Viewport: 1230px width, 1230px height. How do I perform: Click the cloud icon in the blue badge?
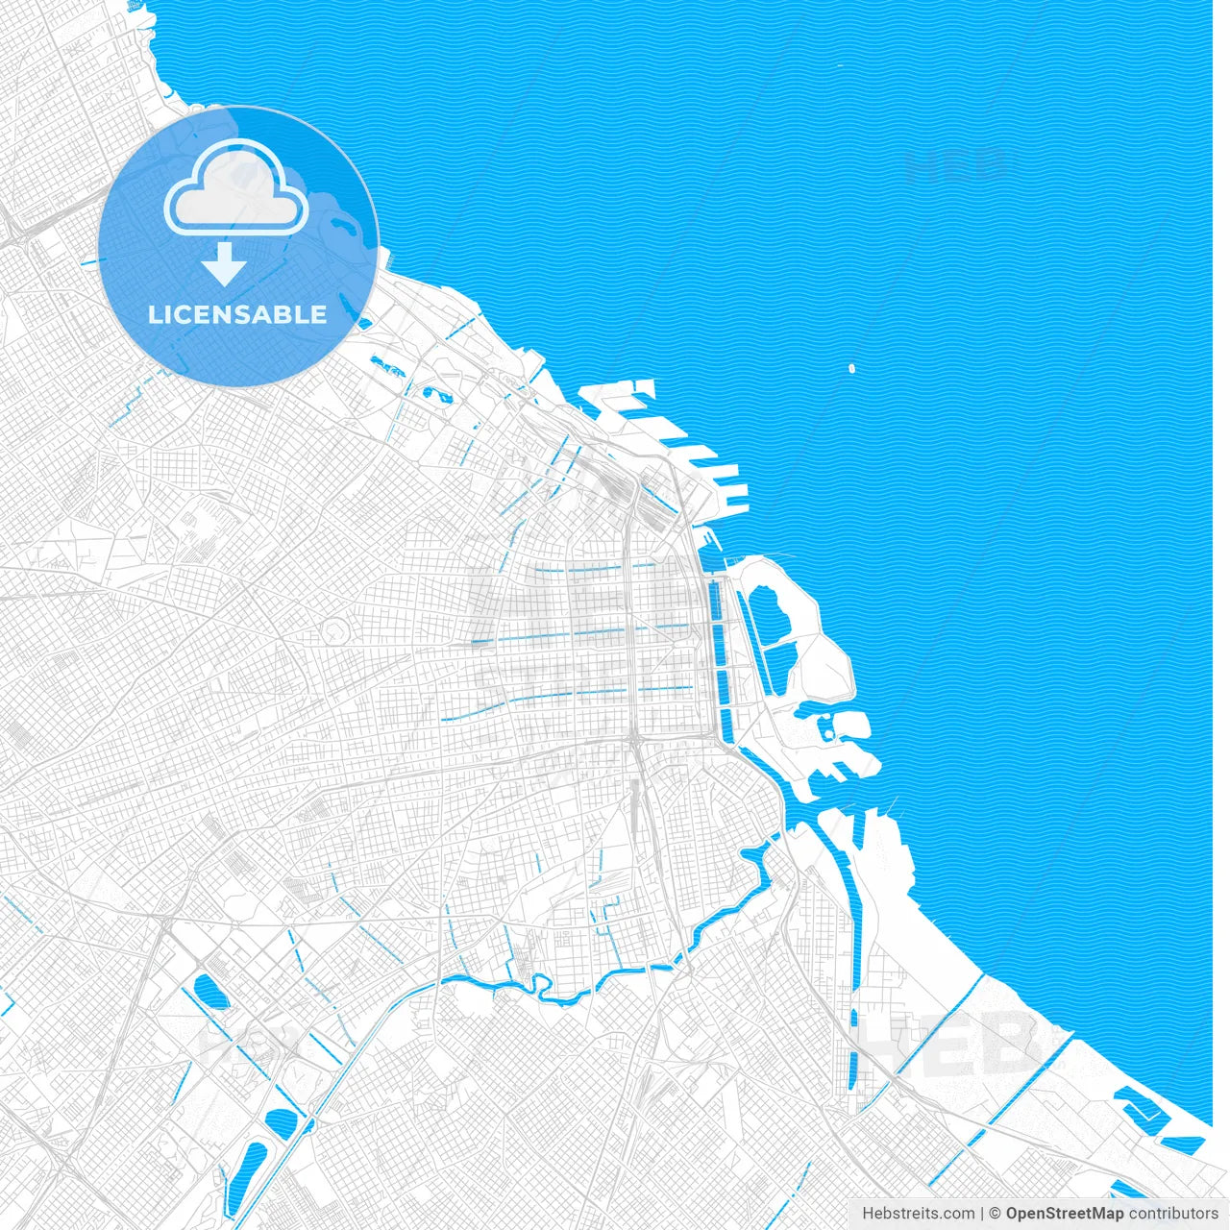point(236,188)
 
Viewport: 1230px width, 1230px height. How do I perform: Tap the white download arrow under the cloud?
point(225,264)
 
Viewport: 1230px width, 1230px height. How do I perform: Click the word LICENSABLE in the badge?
point(237,315)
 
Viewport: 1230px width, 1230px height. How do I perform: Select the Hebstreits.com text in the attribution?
point(918,1214)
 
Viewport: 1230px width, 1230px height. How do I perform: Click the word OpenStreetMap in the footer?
point(1064,1214)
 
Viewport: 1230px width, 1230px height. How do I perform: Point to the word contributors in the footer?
point(1173,1214)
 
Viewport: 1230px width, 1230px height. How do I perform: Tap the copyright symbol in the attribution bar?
point(996,1214)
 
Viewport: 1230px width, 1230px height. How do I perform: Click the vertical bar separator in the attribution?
point(981,1214)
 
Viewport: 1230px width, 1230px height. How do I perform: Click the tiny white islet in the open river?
point(851,367)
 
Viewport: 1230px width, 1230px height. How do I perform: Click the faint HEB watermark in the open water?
point(954,165)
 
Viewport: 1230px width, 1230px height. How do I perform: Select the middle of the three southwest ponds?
point(282,1121)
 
